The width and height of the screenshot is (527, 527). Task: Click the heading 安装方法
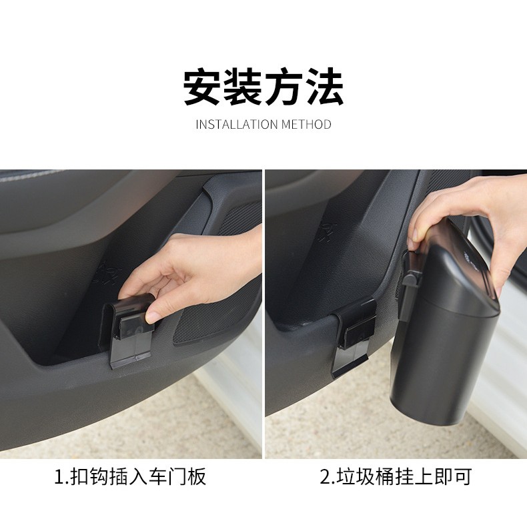click(x=263, y=87)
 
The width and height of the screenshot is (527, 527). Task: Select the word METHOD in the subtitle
click(x=306, y=125)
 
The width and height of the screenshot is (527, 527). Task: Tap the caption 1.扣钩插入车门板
click(x=131, y=477)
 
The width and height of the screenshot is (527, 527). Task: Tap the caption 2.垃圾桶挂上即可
click(x=396, y=477)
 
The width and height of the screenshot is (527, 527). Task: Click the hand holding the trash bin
click(x=460, y=213)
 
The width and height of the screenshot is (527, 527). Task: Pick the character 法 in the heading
click(x=324, y=87)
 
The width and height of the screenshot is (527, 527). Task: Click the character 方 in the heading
click(x=284, y=87)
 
